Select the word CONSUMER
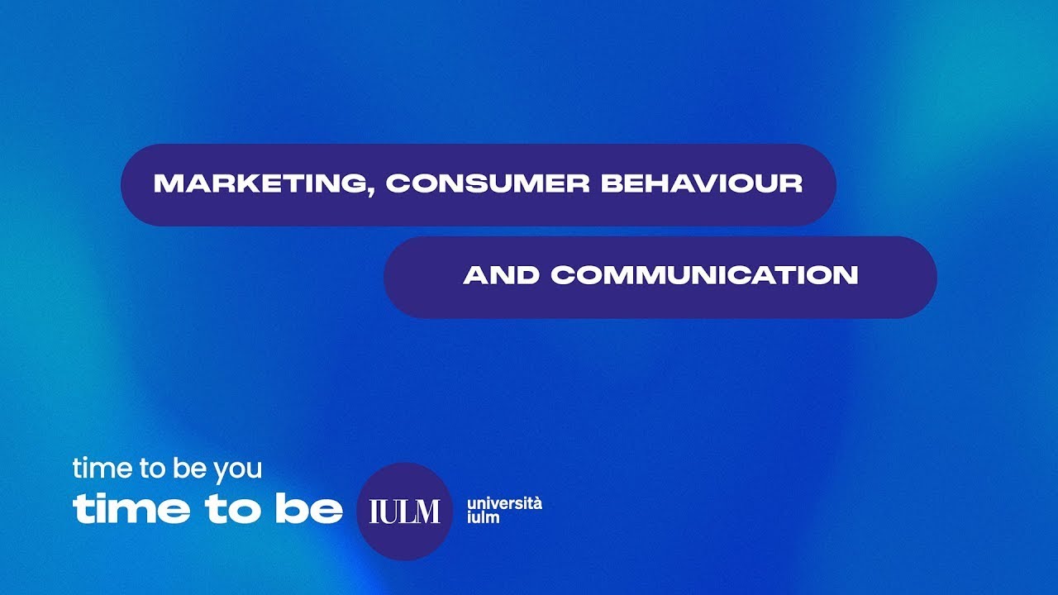[488, 183]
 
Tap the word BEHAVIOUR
[702, 183]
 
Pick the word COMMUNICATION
[705, 275]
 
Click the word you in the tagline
[237, 469]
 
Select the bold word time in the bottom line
[131, 510]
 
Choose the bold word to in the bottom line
[227, 510]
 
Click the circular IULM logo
[404, 512]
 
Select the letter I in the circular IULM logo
[373, 512]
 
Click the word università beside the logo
[504, 503]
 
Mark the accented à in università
[537, 502]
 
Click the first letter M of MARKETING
[165, 183]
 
